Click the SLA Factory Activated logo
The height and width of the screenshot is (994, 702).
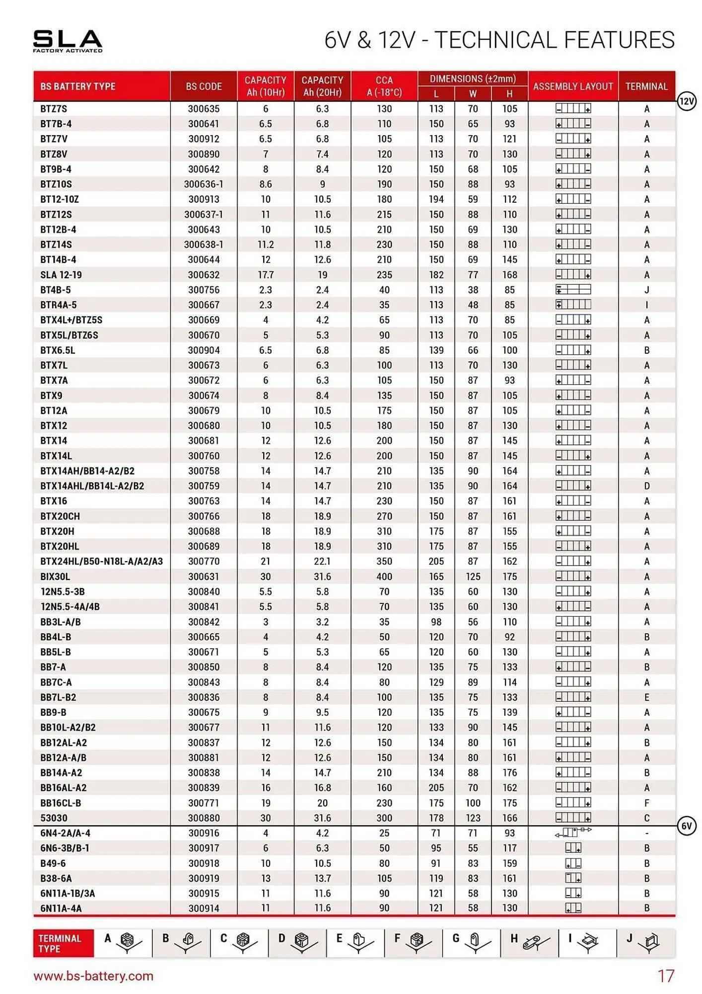tap(68, 41)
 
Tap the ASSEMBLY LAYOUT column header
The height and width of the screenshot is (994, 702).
tap(573, 86)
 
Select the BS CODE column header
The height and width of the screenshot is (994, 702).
tap(204, 86)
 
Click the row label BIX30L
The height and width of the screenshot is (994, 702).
tap(55, 577)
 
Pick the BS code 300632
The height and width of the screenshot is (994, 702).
tap(204, 275)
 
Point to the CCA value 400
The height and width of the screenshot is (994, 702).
tap(384, 577)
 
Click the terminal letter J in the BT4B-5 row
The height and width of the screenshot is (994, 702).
tap(646, 290)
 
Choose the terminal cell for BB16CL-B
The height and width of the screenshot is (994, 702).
tap(646, 803)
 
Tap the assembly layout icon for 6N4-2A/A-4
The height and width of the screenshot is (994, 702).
tap(573, 832)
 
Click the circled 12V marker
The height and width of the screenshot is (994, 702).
tap(686, 101)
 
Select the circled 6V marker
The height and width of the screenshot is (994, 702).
tap(686, 826)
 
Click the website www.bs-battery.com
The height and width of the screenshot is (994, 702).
tap(93, 976)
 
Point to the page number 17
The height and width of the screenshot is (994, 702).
tap(666, 976)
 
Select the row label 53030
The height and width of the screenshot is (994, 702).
tap(54, 818)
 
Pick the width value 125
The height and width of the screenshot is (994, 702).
tap(473, 577)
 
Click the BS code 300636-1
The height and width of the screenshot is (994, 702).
tap(204, 184)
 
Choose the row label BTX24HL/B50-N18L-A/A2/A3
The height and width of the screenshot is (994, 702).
tap(101, 561)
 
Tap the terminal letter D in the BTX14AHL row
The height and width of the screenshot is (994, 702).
tap(646, 486)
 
